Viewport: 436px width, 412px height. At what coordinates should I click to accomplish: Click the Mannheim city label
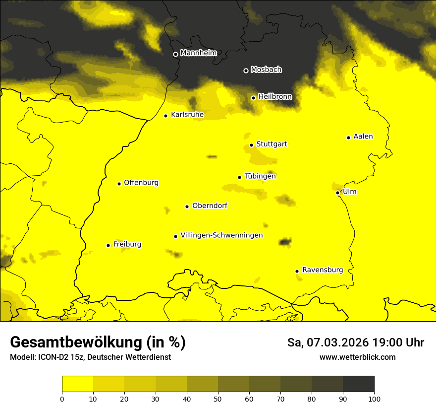click(198, 53)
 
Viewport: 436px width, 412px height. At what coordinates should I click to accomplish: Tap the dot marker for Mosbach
click(246, 70)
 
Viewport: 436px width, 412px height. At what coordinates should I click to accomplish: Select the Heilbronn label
click(275, 97)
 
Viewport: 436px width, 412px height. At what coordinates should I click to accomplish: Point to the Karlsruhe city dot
click(166, 116)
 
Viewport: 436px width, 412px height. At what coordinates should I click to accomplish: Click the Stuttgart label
click(272, 144)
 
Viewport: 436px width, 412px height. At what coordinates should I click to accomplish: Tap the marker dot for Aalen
click(348, 137)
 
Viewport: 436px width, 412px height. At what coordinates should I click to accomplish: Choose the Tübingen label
click(260, 176)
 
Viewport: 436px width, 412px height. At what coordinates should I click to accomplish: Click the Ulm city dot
click(337, 193)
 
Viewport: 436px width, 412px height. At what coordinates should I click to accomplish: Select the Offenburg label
click(141, 183)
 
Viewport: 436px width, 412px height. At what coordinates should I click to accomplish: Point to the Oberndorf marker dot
click(187, 206)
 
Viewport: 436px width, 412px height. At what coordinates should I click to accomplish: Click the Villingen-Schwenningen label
click(221, 235)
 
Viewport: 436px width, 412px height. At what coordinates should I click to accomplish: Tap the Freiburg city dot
click(108, 245)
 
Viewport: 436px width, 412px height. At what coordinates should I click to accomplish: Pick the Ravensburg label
click(323, 270)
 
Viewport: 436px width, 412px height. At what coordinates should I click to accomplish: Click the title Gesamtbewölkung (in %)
click(98, 343)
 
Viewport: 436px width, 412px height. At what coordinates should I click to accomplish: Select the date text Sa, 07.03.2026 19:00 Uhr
click(355, 343)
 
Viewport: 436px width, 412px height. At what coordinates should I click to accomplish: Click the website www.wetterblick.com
click(357, 357)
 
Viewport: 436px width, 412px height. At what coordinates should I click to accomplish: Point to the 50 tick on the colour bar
click(218, 398)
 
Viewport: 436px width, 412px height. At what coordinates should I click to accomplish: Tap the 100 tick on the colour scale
click(374, 398)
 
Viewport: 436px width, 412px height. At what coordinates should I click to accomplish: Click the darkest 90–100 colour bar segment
click(358, 384)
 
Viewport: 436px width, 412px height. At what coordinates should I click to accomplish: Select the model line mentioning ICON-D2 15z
click(90, 357)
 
